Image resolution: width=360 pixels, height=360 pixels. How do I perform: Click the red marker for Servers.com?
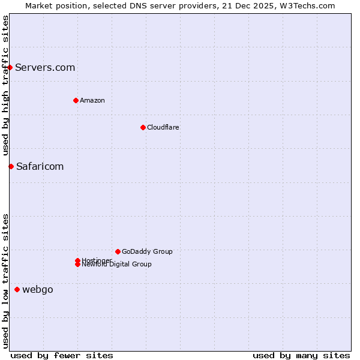(x=10, y=67)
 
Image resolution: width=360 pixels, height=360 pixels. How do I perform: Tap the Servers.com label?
(x=45, y=67)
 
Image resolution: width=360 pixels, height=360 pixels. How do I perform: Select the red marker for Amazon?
(x=76, y=100)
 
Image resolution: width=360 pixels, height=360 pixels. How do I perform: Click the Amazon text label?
(x=92, y=100)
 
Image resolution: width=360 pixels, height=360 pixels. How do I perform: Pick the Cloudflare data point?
(x=143, y=127)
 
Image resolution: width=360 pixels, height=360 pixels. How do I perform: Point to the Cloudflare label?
(x=163, y=127)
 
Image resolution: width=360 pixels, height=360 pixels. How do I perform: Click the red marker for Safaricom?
(x=11, y=166)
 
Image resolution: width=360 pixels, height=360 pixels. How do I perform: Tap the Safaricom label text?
(x=40, y=166)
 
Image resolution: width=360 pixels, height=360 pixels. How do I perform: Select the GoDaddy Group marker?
(x=118, y=251)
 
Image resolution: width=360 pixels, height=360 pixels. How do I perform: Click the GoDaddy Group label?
(x=147, y=251)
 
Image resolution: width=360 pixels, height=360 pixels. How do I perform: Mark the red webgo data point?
(x=17, y=289)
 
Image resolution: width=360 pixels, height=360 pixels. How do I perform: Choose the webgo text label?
(x=38, y=290)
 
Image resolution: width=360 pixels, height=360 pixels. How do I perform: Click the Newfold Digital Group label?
(x=116, y=265)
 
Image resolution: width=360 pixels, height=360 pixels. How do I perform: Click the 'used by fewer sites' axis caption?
(x=62, y=356)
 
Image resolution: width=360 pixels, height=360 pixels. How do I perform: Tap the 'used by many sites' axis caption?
(x=301, y=356)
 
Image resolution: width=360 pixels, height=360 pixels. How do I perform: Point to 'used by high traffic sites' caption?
(x=5, y=85)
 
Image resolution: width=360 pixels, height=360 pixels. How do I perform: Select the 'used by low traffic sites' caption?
(x=5, y=281)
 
